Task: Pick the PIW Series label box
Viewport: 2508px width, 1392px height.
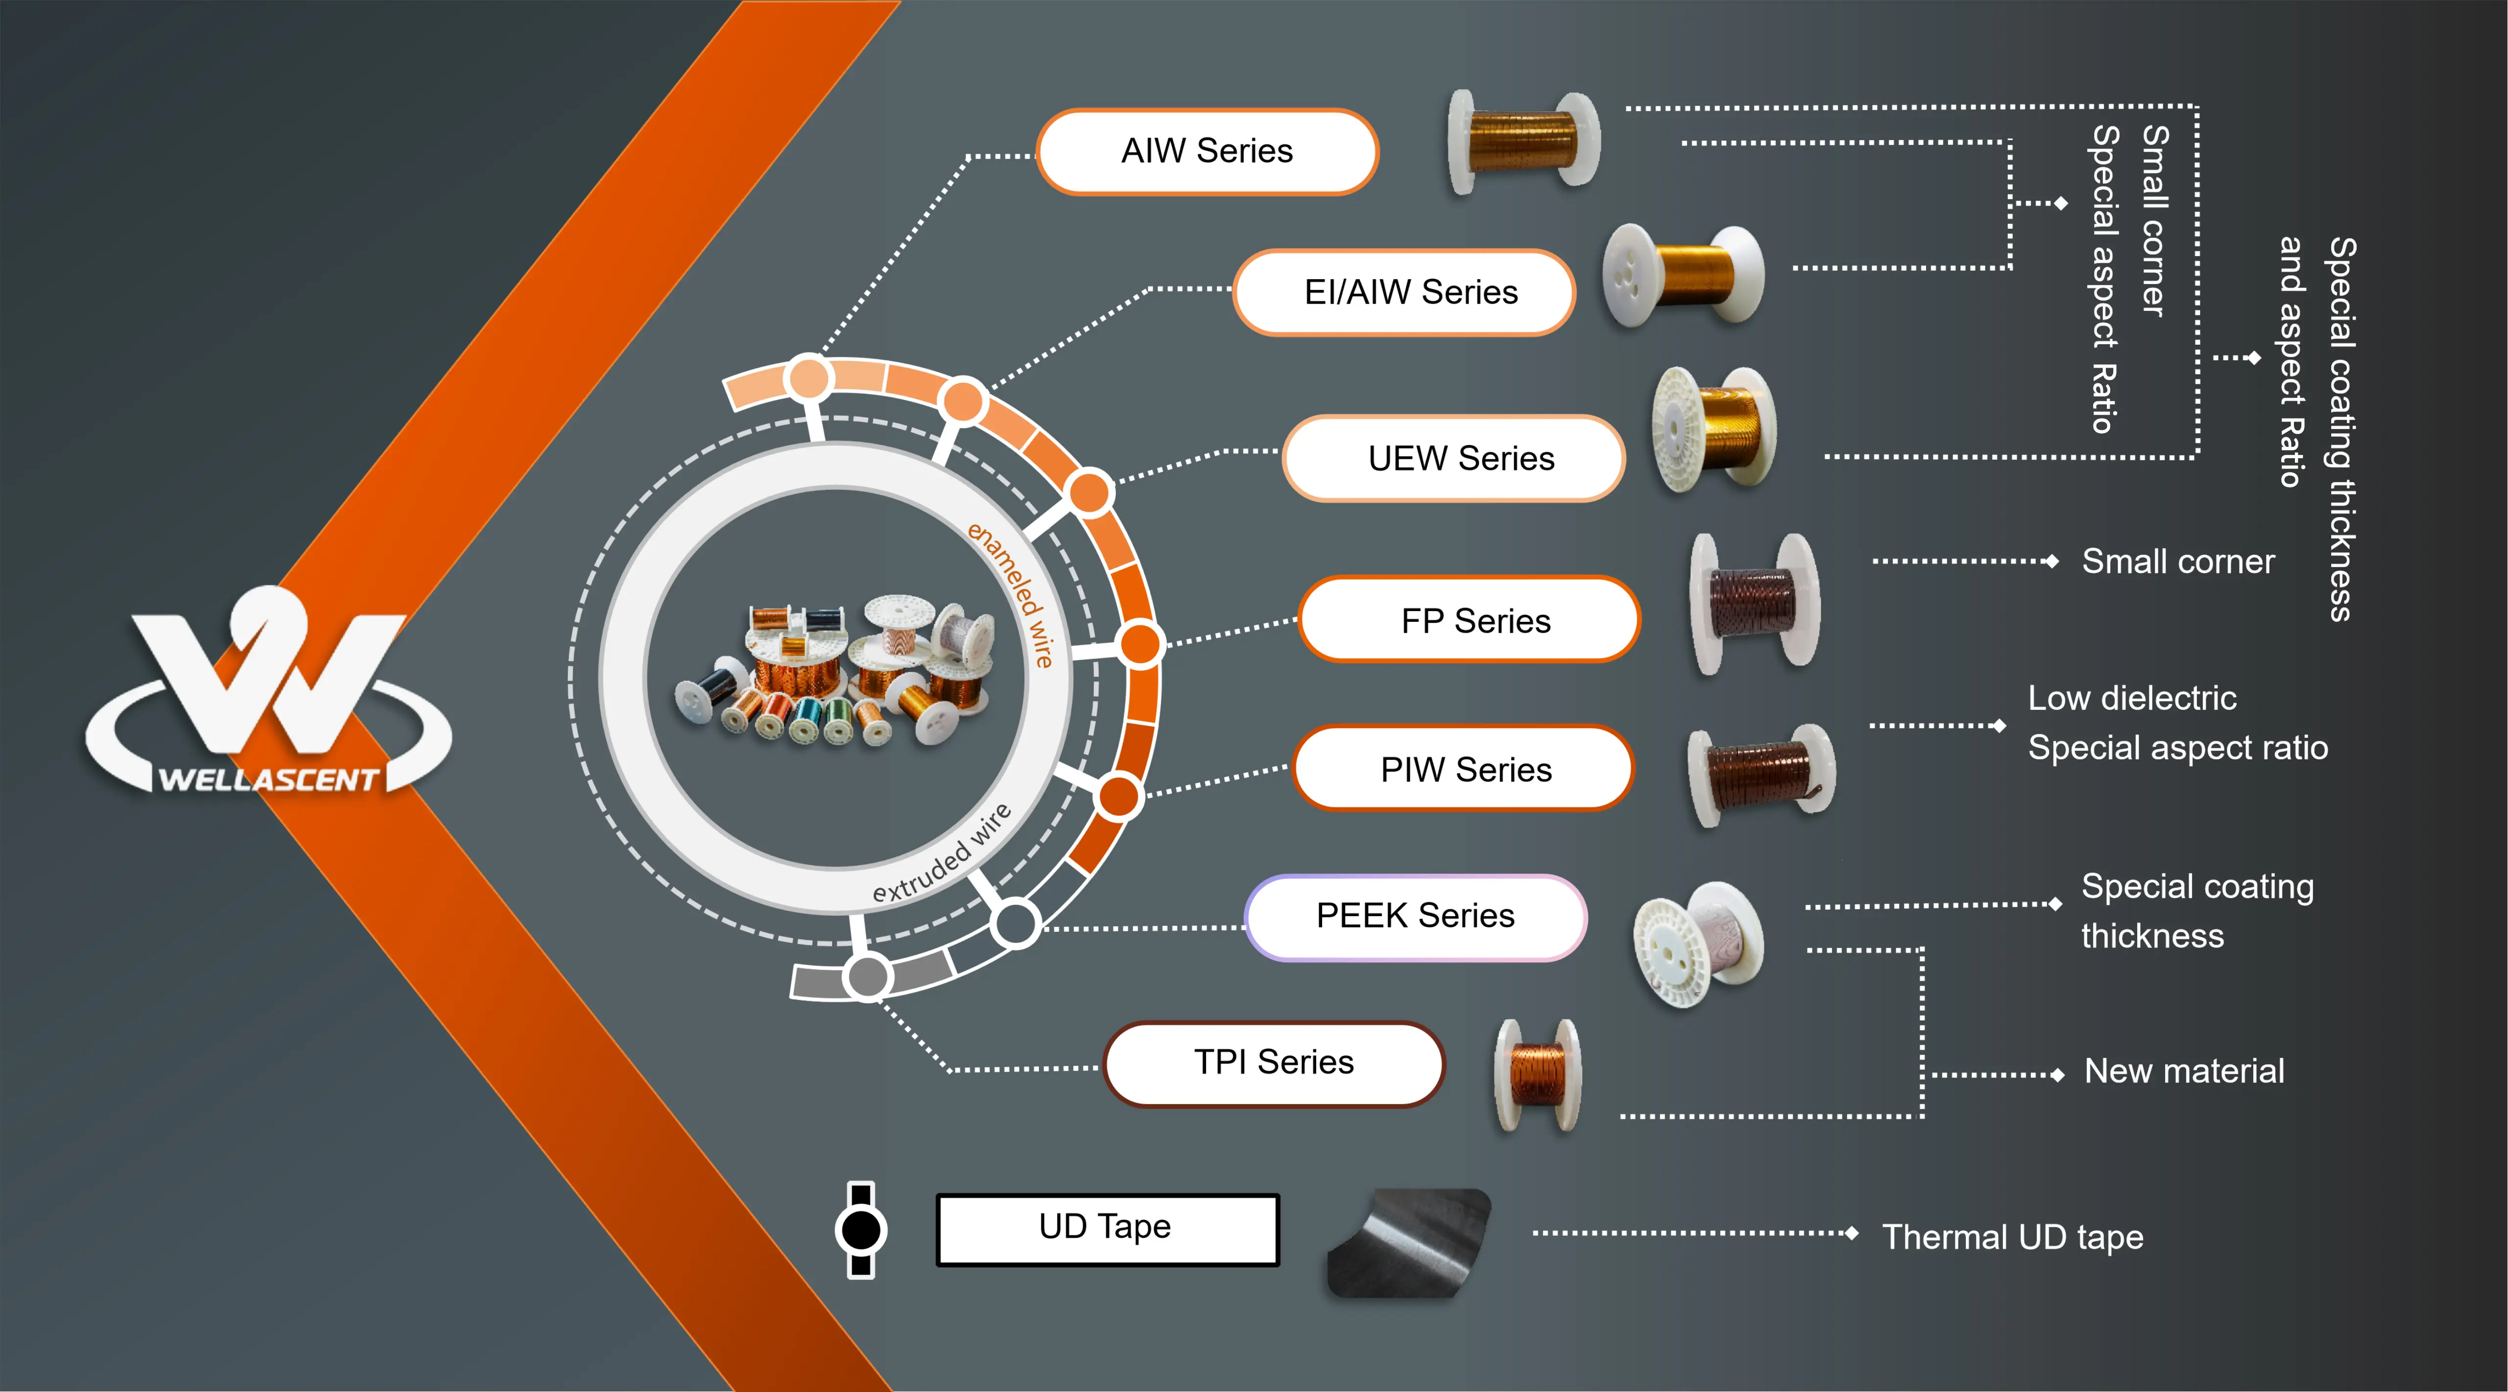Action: click(1463, 769)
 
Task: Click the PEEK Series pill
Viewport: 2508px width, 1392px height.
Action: click(1416, 917)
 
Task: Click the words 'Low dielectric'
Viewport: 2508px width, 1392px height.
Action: click(2132, 698)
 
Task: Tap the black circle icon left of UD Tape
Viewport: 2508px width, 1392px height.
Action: click(861, 1229)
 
